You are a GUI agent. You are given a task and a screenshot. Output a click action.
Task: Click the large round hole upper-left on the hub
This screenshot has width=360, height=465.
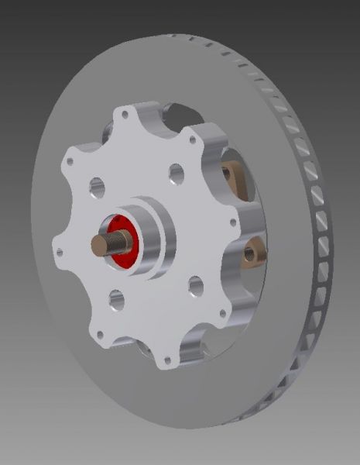point(97,186)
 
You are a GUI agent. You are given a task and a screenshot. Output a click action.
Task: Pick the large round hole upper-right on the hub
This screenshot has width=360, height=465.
point(177,170)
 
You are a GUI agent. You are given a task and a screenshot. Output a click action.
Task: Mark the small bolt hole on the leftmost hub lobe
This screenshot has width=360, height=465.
point(58,250)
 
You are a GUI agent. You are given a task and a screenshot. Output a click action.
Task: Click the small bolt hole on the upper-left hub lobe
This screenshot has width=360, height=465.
point(70,162)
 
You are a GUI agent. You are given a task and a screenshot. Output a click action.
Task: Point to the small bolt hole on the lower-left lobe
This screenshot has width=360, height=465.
point(98,333)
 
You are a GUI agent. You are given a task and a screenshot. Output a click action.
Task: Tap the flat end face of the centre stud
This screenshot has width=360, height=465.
point(96,245)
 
